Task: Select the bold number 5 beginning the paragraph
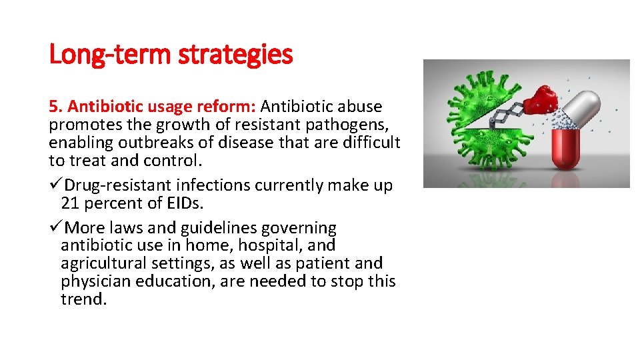(x=53, y=107)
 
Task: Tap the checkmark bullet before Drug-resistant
(x=55, y=185)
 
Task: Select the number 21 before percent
(x=69, y=203)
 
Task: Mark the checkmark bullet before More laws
(x=55, y=228)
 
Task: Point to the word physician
(x=95, y=281)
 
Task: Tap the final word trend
(x=83, y=299)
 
